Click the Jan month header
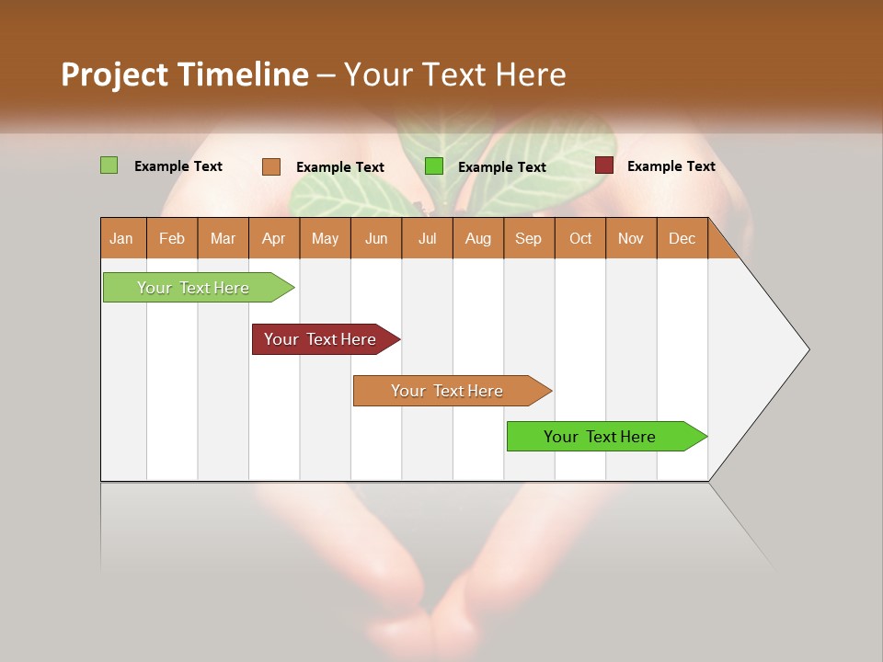[122, 238]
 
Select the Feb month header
[172, 238]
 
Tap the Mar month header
[223, 238]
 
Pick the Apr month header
[274, 238]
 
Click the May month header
[325, 238]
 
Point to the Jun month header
[376, 238]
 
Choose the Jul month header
[427, 238]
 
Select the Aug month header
[478, 238]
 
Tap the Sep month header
[529, 238]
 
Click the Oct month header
[580, 238]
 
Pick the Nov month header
[631, 238]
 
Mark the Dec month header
[682, 238]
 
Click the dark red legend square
[604, 165]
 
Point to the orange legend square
[271, 166]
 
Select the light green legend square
[109, 165]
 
